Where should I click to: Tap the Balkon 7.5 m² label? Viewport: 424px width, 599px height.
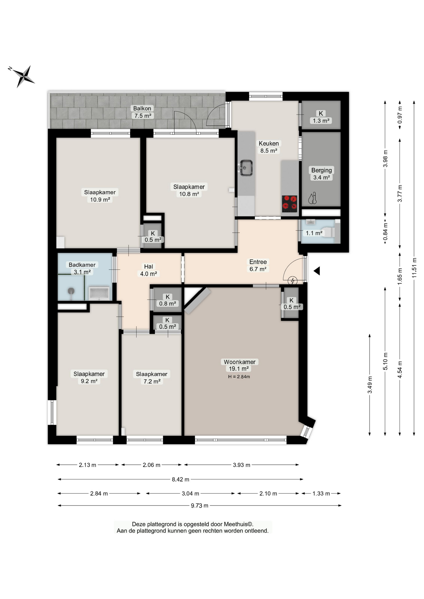pos(142,112)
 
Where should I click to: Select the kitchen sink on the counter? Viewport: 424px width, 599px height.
pos(246,168)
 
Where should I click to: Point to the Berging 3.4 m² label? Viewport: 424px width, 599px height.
pos(321,174)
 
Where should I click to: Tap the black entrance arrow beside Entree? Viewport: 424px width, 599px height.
pos(317,271)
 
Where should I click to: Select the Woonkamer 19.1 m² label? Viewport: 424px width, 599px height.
pos(239,365)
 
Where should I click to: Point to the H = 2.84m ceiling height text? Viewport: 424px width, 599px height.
pos(239,377)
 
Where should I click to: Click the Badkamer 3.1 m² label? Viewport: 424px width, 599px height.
pos(82,268)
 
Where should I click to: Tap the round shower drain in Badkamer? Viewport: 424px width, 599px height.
pos(71,291)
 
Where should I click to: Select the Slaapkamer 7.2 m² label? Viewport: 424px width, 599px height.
pos(152,377)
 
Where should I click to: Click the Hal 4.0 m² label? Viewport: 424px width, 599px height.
pos(148,270)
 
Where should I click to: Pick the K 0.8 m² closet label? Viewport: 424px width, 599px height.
pos(167,300)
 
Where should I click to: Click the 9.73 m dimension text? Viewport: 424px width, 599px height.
pos(200,505)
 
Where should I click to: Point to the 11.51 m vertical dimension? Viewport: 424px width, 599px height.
pos(414,268)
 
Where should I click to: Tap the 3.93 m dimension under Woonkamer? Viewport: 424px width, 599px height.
pos(241,465)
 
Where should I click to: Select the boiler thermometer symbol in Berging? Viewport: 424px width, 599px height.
pos(313,198)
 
